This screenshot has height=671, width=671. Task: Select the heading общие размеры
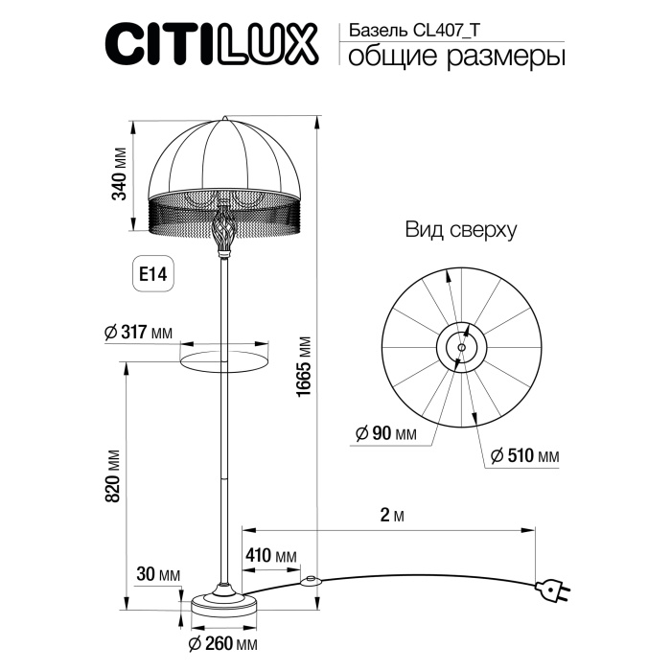(455, 58)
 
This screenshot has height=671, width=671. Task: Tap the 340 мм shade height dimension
(119, 174)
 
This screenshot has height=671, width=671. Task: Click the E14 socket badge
(152, 274)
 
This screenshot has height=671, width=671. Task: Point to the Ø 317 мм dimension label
(138, 333)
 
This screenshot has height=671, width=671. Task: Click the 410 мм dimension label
(270, 557)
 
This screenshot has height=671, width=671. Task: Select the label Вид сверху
(460, 230)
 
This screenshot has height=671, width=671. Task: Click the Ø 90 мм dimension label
(385, 434)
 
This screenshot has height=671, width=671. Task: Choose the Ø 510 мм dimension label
(523, 455)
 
